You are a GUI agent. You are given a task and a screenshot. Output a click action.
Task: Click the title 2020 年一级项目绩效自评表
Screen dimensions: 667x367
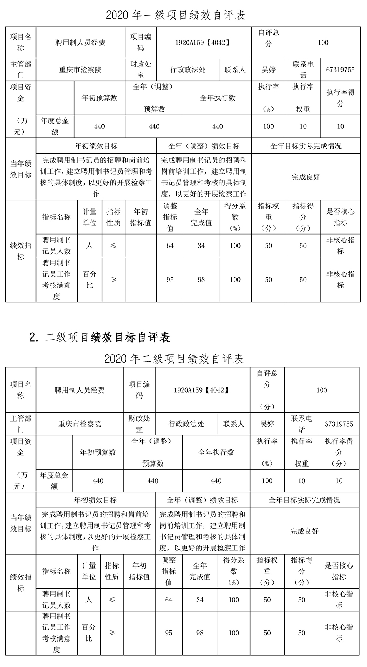[175, 15]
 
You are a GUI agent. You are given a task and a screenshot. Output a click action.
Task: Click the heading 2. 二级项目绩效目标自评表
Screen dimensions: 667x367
[100, 337]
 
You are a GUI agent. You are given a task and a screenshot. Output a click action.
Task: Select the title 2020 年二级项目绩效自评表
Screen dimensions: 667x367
[174, 359]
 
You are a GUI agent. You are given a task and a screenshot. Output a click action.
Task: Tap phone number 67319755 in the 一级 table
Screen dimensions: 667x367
[340, 70]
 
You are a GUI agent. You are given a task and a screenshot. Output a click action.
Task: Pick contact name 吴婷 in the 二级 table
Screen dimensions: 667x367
[267, 424]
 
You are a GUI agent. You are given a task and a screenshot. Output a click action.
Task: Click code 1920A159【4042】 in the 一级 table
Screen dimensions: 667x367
[203, 43]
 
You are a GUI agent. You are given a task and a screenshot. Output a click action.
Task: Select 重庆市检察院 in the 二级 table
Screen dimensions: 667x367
[80, 424]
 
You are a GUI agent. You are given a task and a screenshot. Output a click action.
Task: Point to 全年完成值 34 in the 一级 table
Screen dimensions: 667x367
[201, 246]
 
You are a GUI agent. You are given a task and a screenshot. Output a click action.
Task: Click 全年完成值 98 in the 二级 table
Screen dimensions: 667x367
[200, 633]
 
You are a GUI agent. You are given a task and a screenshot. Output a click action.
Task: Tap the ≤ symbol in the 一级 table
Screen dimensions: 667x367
[113, 246]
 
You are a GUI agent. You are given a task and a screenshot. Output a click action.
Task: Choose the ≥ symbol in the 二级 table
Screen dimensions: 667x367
[112, 633]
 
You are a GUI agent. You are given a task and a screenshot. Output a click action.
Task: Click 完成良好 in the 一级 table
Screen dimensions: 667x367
[306, 177]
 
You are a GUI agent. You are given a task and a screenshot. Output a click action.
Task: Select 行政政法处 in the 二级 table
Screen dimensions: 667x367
[186, 424]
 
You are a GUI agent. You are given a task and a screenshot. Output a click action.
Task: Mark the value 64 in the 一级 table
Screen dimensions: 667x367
[170, 246]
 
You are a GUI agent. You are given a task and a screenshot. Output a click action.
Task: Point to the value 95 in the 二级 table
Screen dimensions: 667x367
[169, 633]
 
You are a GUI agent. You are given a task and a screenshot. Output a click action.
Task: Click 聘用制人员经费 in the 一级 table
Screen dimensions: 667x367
[80, 43]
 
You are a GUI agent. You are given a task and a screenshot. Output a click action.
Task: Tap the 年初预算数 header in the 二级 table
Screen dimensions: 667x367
[98, 452]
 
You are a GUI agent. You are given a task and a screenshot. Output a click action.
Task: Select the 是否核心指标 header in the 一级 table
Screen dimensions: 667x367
[340, 217]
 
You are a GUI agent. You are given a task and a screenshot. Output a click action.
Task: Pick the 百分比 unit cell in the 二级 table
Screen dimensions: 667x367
[89, 633]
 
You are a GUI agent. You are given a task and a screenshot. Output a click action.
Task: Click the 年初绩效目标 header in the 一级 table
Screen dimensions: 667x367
[96, 146]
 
